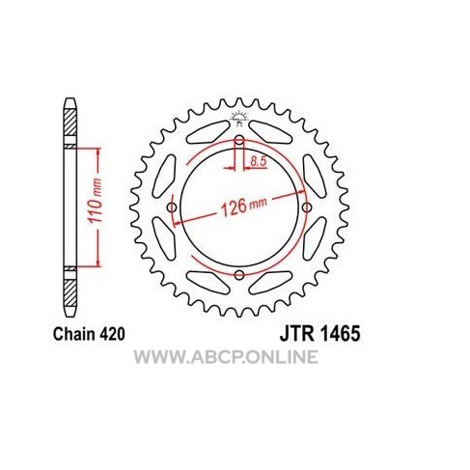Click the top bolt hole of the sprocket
tap(239, 140)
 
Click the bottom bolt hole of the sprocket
tap(239, 275)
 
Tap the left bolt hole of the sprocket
tap(172, 207)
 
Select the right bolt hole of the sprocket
tap(307, 207)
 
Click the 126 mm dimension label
tap(243, 207)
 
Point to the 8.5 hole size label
tap(259, 161)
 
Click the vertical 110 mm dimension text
tap(96, 201)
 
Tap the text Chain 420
tap(89, 334)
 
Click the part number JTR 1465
tap(319, 334)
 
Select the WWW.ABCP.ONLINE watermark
tap(226, 357)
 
